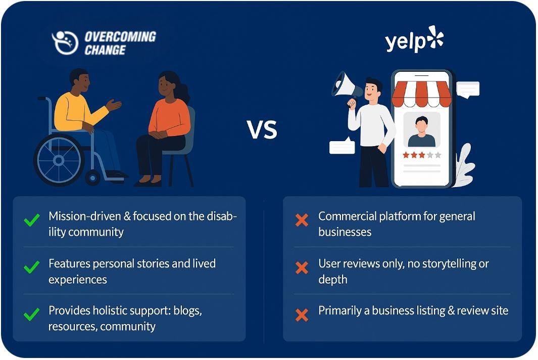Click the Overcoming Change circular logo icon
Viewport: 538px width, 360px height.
tap(65, 42)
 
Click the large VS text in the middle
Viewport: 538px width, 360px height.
tap(262, 130)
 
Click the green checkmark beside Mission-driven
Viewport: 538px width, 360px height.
tap(32, 220)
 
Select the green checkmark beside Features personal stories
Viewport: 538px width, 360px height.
tap(32, 267)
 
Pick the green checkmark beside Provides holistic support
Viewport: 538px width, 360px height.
tap(32, 314)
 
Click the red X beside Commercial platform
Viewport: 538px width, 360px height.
tap(302, 220)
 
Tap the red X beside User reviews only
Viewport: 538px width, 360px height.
tap(302, 267)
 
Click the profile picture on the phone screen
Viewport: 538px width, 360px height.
tap(422, 130)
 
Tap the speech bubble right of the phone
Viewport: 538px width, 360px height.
tap(468, 89)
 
